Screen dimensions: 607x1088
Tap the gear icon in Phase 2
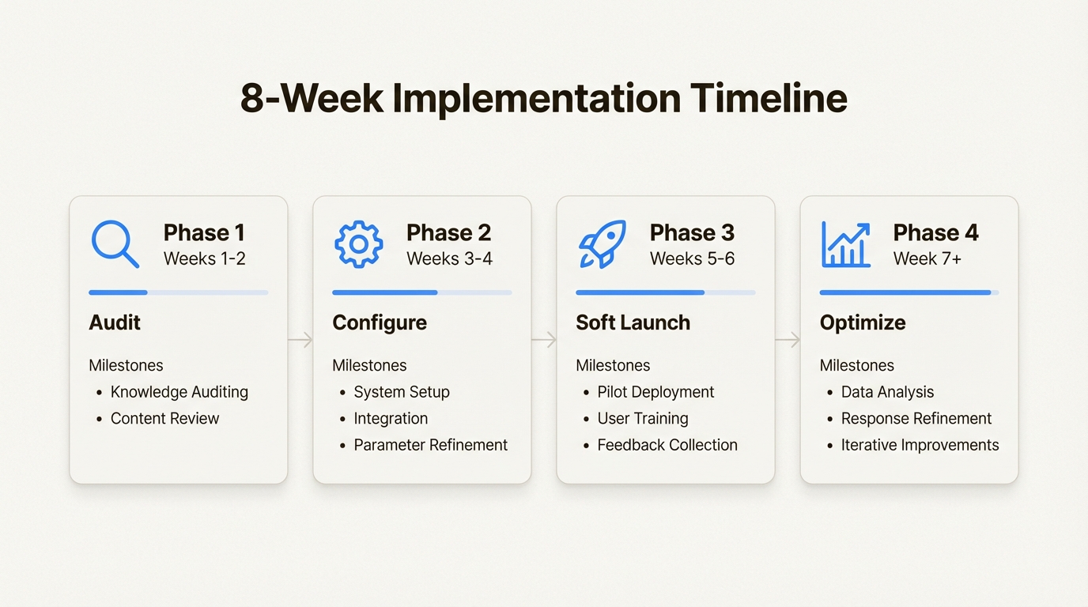358,244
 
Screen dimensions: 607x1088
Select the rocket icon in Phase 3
602,244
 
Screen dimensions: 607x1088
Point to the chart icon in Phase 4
845,244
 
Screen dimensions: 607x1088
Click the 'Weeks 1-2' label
204,258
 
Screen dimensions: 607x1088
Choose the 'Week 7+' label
927,258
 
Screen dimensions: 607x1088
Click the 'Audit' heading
115,322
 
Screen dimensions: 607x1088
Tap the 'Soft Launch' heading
633,322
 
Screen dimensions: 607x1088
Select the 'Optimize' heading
863,322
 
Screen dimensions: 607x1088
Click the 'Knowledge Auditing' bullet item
179,392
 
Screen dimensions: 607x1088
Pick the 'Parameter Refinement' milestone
430,445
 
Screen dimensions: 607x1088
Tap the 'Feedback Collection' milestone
667,445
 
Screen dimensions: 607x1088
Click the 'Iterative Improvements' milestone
920,445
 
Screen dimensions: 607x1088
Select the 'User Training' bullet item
642,418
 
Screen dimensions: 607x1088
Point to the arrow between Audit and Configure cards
300,340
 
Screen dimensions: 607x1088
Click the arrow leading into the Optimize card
788,340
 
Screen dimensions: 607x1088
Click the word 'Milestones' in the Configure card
369,365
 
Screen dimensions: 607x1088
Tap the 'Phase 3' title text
692,232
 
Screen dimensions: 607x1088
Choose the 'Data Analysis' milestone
887,392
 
